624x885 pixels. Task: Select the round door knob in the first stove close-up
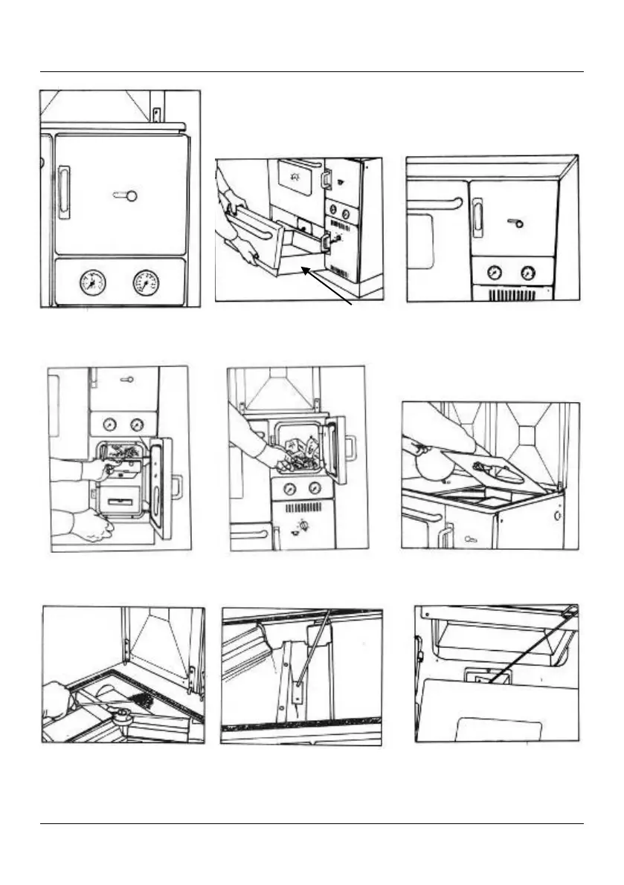click(131, 196)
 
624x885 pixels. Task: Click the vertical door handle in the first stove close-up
click(65, 193)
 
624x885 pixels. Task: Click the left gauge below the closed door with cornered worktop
click(493, 272)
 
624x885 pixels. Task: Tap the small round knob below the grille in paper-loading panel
click(303, 526)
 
